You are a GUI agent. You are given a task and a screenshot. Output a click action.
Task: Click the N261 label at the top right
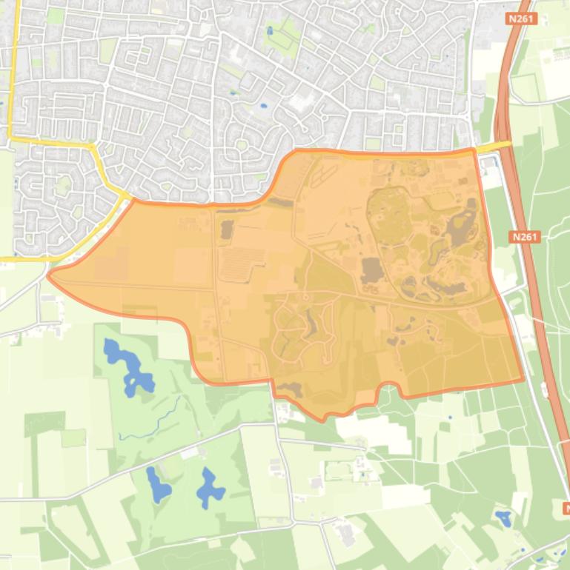(x=523, y=18)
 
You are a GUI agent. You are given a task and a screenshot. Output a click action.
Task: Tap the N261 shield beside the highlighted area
(x=526, y=237)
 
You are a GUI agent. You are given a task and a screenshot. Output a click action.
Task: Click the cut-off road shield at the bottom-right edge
(x=566, y=509)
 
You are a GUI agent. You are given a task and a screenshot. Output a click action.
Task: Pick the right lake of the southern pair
(x=209, y=489)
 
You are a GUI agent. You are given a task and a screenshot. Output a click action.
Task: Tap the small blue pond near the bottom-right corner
(x=504, y=518)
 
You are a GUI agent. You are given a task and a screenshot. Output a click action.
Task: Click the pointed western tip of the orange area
(x=49, y=275)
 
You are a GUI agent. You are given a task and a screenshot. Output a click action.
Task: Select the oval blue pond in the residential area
(x=263, y=106)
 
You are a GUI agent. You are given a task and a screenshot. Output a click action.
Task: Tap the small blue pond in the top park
(x=270, y=31)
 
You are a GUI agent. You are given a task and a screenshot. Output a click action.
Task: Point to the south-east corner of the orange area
(x=523, y=380)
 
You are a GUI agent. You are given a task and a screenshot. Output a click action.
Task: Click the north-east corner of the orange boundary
(x=472, y=150)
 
